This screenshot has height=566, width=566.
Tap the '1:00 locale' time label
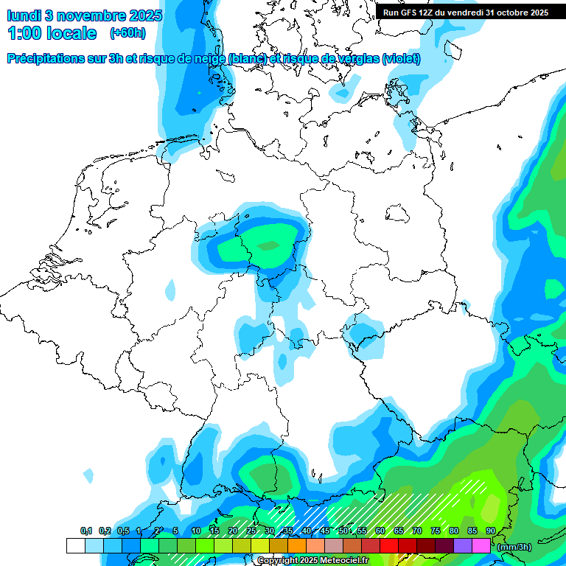pos(52,33)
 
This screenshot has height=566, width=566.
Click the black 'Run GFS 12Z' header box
pos(465,12)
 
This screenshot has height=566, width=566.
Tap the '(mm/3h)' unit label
pos(514,546)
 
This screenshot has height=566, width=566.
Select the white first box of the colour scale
pos(75,546)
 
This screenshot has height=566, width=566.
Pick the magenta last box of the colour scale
pos(481,546)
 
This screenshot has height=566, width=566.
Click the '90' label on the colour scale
pos(490,531)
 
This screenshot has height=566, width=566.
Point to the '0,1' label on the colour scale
pos(86,531)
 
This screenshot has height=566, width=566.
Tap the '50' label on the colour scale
pos(343,531)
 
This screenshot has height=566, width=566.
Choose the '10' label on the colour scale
pos(196,531)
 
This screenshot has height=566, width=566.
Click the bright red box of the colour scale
pos(389,546)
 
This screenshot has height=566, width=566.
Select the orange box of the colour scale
pos(297,546)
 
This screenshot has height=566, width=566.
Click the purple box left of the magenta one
pos(463,546)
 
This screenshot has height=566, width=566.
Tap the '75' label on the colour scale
pos(436,531)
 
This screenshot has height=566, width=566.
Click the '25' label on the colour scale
pos(251,531)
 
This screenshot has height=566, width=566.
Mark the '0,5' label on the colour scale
pos(122,531)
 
